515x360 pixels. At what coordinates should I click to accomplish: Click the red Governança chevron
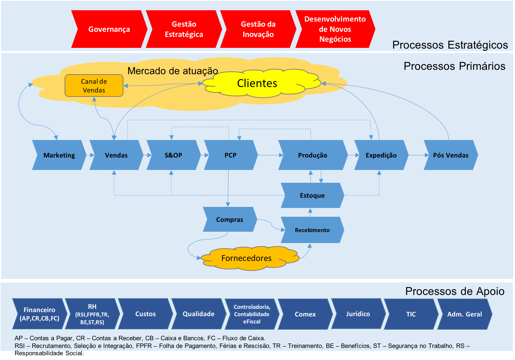(109, 29)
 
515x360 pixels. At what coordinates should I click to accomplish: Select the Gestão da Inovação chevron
(258, 29)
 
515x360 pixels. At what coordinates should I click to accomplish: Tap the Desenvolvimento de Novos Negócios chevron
(335, 29)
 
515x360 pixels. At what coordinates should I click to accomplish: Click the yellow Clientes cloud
(257, 83)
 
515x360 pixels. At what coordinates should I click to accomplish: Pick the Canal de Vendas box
(94, 86)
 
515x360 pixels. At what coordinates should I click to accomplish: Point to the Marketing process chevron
(59, 155)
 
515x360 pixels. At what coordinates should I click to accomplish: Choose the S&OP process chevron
(173, 155)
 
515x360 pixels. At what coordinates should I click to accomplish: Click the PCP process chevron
(230, 155)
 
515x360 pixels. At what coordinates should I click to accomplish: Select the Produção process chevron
(312, 155)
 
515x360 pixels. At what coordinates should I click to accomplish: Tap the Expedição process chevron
(381, 155)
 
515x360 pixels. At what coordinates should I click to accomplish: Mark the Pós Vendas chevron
(451, 155)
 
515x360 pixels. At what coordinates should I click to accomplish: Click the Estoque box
(312, 196)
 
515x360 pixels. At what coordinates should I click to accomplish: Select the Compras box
(229, 220)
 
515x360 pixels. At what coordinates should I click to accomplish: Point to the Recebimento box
(312, 230)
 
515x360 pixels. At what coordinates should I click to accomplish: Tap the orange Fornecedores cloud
(247, 258)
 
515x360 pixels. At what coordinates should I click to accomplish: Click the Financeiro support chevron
(40, 314)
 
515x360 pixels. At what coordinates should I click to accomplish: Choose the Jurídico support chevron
(358, 314)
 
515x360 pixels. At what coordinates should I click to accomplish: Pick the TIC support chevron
(411, 314)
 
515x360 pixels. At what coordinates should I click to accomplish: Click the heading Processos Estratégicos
(450, 45)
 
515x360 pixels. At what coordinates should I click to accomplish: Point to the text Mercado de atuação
(173, 71)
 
